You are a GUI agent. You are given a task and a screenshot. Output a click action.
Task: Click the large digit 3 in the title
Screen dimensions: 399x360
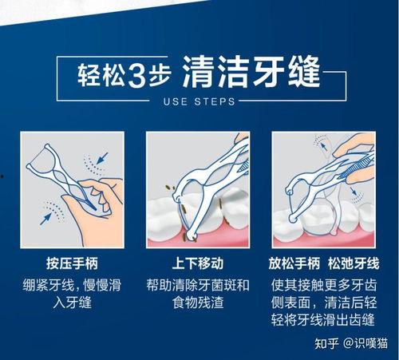pos(138,74)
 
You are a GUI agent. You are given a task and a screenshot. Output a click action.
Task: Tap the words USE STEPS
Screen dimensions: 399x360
pos(199,101)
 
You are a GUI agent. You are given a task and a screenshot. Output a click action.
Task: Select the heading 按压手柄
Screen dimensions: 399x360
pos(73,263)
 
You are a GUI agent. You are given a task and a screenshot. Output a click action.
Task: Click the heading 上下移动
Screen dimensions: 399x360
pos(198,263)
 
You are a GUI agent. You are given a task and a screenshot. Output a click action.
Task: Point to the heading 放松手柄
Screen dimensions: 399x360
pos(294,263)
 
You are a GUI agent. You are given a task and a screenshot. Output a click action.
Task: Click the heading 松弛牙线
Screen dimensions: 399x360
pos(354,263)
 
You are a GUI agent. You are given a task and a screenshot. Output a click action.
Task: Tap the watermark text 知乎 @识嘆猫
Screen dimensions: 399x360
pos(351,343)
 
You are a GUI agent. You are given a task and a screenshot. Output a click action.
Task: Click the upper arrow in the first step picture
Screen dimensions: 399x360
pos(102,158)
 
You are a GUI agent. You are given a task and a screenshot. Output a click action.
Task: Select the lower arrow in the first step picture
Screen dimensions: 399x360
pos(45,219)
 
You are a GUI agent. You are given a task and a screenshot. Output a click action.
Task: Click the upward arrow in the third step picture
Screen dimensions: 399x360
pos(323,147)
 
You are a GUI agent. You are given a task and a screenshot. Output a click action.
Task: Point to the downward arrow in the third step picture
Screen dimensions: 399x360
pos(354,191)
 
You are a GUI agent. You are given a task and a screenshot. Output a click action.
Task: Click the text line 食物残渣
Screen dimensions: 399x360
pos(198,303)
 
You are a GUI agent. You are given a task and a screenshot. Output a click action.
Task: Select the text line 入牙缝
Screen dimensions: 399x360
pos(73,303)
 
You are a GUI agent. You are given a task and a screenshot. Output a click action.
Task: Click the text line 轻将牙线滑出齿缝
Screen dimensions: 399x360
pos(323,319)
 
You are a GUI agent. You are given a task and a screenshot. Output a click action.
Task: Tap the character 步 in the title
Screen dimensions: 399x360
pos(159,75)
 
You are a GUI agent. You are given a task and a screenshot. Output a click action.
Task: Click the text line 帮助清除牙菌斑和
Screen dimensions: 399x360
pos(198,285)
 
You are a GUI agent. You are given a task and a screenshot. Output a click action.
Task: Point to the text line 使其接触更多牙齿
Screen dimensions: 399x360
pos(324,285)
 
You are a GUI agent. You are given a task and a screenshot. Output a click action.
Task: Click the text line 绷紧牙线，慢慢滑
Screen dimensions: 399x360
pos(72,285)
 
